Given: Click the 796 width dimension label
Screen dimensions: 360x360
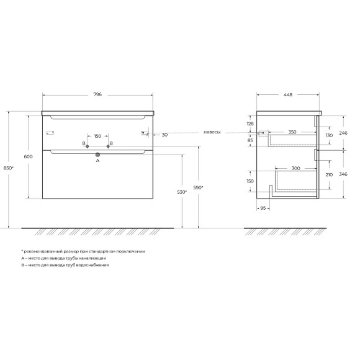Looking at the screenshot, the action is tap(97, 94).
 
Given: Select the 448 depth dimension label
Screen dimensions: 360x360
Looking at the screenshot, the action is tap(288, 94).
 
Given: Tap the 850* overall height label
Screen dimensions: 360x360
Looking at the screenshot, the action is tap(9, 168).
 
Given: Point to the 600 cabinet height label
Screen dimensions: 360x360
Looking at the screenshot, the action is tap(28, 156).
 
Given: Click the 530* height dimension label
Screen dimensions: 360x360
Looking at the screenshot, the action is tap(182, 192).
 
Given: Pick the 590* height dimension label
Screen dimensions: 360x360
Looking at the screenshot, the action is tap(199, 187).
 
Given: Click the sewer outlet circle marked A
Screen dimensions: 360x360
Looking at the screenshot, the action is tap(97, 155).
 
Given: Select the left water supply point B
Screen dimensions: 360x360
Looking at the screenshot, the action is tap(88, 146).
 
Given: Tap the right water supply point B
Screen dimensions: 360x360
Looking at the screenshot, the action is tap(108, 146).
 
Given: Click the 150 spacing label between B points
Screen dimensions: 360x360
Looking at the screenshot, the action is tap(97, 136).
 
